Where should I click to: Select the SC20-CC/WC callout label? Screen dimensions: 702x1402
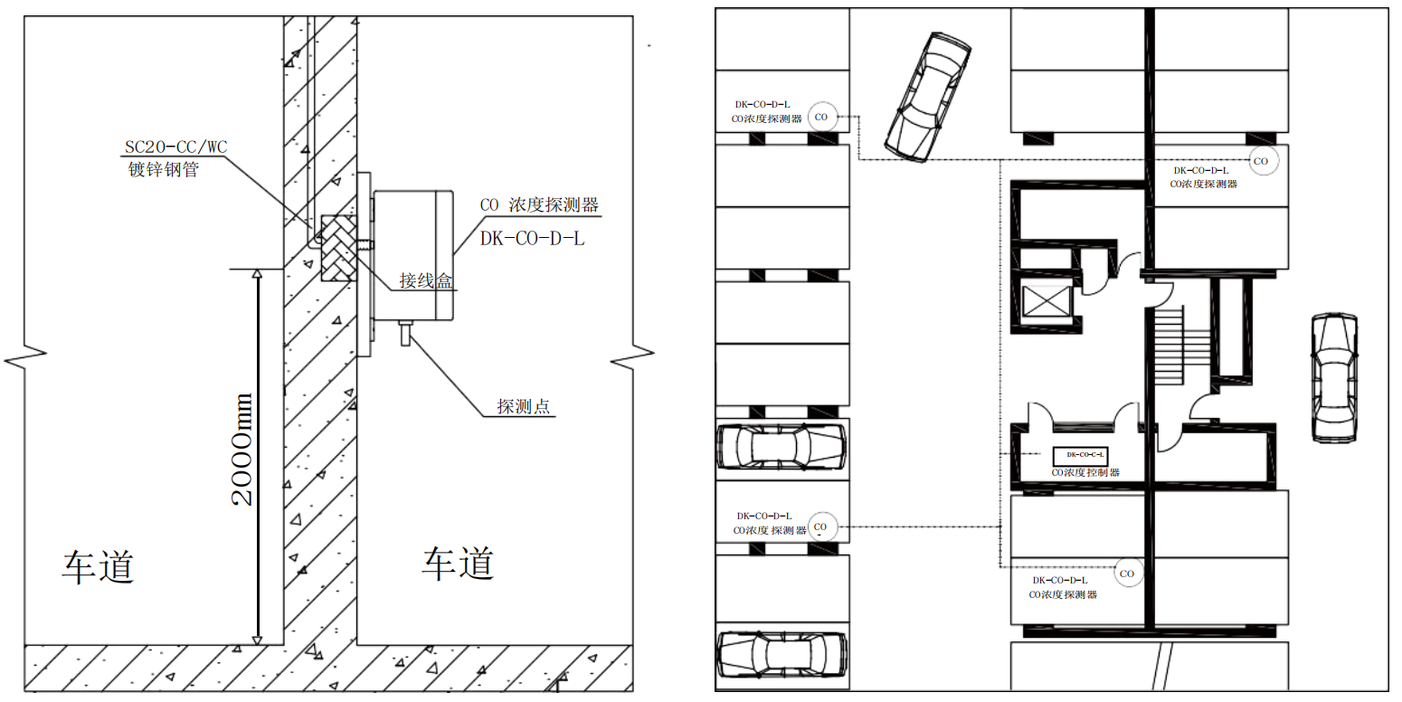point(175,147)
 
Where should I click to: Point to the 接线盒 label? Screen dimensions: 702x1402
point(426,281)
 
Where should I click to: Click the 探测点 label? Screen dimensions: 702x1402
point(523,407)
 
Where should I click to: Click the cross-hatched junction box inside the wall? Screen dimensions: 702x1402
point(339,249)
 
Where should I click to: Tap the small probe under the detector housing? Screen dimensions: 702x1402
point(404,334)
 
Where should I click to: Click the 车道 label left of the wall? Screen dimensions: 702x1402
point(99,566)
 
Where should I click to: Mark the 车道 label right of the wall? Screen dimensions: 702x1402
point(458,563)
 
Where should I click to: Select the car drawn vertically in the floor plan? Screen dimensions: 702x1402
point(1334,377)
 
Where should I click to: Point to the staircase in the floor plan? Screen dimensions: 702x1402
point(1169,345)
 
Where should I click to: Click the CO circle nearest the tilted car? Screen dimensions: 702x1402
point(821,117)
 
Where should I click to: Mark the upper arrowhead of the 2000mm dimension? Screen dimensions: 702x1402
point(258,271)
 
